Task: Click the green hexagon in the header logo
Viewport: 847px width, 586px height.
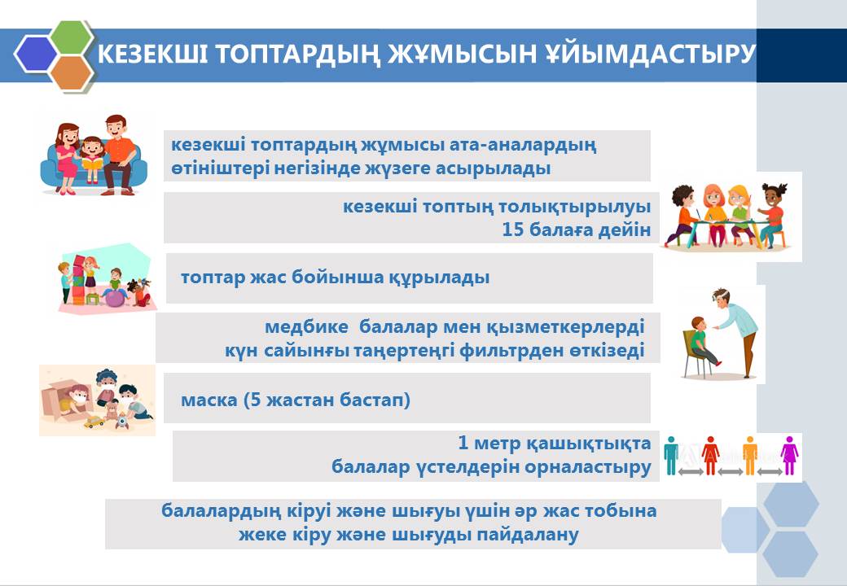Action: [72, 37]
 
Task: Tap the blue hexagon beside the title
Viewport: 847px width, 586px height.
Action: [36, 54]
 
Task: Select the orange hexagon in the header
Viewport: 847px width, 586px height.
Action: [72, 72]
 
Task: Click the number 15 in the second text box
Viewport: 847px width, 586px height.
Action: [512, 230]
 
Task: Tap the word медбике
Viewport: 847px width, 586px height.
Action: [306, 327]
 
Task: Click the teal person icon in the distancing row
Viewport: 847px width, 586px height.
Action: [671, 456]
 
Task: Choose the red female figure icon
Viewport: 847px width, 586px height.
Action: [710, 456]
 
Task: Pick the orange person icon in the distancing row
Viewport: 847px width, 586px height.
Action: [750, 456]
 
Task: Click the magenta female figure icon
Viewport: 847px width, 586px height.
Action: [789, 456]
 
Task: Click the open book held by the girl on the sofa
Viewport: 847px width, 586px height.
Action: [93, 163]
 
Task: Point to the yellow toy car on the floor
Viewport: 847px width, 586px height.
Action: [94, 422]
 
